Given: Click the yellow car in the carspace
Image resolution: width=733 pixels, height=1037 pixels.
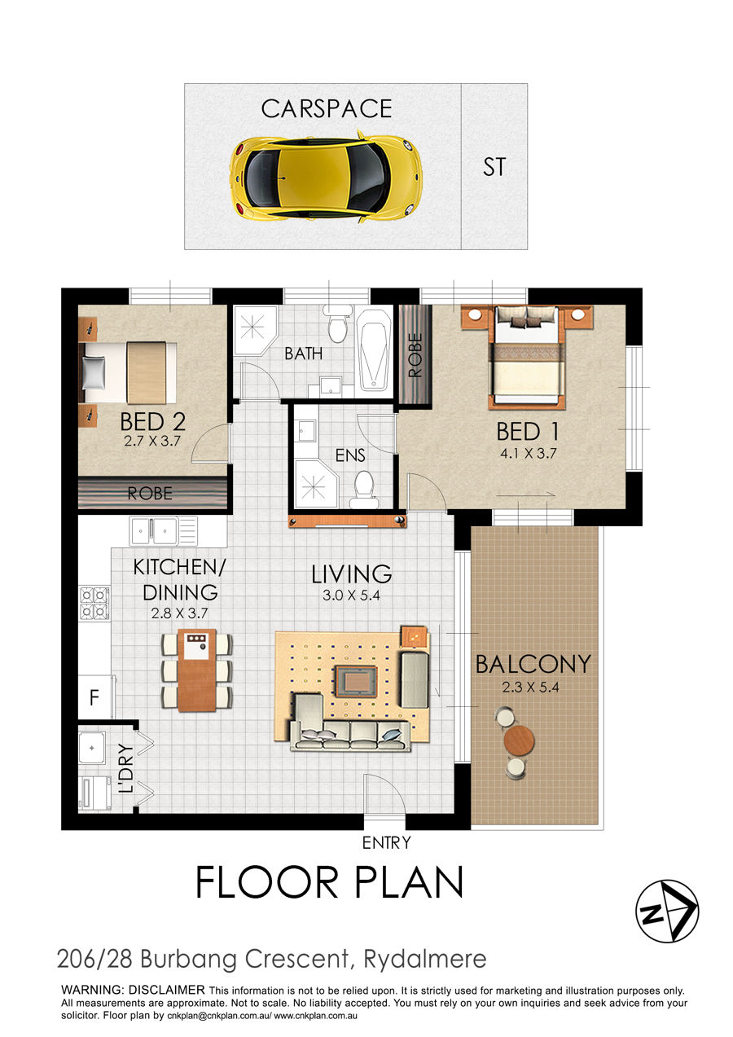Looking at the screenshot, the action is [x=327, y=178].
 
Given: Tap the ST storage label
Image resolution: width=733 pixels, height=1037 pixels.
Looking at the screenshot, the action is [x=494, y=167].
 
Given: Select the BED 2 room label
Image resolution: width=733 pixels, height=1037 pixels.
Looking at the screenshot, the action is [x=153, y=421].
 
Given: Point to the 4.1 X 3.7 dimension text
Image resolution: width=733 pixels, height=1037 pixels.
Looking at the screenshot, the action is [x=528, y=453].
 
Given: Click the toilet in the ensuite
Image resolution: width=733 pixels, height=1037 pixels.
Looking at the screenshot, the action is [x=364, y=490].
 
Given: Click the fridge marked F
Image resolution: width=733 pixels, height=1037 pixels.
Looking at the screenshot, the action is [x=94, y=696].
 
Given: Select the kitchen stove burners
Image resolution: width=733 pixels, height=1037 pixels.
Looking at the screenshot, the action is [x=94, y=603].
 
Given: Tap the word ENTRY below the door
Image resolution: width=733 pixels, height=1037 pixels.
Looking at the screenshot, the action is [x=386, y=842].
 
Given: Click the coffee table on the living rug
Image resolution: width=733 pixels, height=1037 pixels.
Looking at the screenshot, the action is [x=356, y=681].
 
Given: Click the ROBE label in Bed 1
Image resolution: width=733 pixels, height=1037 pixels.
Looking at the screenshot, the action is [x=415, y=355].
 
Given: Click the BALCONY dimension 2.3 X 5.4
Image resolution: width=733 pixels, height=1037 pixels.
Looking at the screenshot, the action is [x=530, y=687].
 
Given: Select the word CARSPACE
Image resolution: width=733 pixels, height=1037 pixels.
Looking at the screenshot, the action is [x=327, y=109].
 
